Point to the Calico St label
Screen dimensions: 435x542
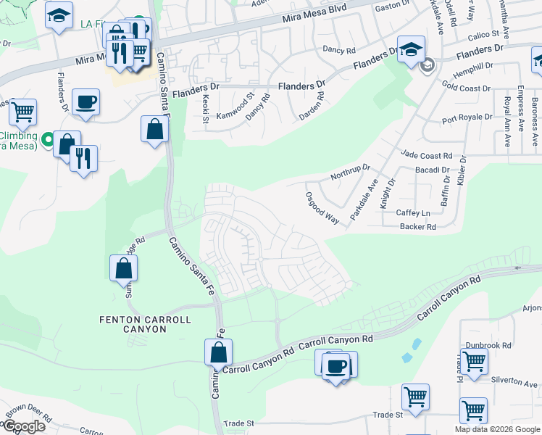[485, 34]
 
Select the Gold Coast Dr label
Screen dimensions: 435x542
[466, 88]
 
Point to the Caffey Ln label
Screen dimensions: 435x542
[413, 212]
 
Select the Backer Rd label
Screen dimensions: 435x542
[417, 227]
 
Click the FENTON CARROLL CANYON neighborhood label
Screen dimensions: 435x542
[145, 324]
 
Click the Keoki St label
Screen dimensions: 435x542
[205, 108]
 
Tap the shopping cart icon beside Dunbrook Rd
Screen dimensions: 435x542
[474, 360]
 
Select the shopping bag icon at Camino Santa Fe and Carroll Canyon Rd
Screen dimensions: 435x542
[218, 353]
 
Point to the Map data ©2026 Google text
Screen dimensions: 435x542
[496, 429]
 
